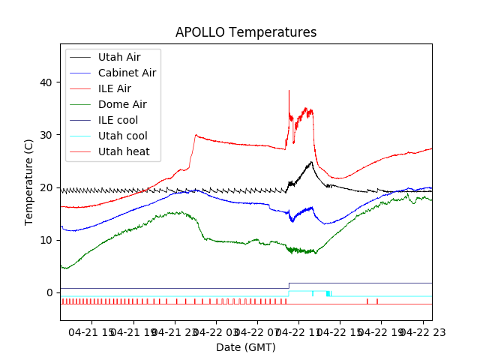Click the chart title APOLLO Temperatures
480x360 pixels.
[246, 33]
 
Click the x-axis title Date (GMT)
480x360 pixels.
[246, 347]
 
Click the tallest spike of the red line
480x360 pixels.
[289, 91]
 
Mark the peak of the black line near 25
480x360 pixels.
[311, 161]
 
